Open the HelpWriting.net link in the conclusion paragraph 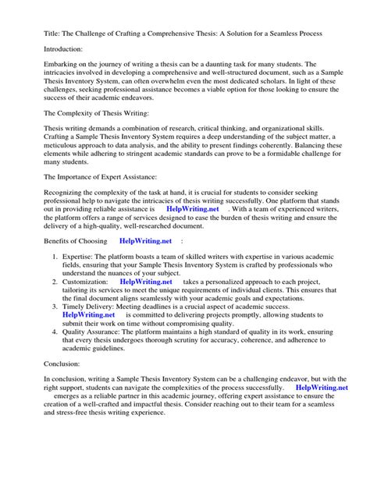click(x=322, y=408)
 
